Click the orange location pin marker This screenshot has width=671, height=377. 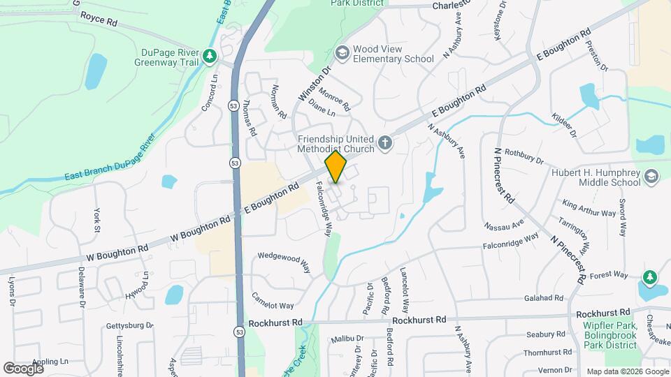coord(335,167)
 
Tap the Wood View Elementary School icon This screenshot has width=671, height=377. coord(342,53)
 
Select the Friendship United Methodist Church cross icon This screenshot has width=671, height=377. coord(384,143)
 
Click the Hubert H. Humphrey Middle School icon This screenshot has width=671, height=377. coord(651,175)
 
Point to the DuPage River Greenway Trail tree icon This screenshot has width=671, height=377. coord(208,55)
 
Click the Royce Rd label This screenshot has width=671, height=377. coord(98,18)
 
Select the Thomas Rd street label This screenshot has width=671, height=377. coord(248,117)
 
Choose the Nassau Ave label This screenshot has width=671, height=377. coord(503,225)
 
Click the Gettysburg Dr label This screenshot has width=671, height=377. coord(129,325)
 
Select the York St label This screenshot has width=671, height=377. coord(96,219)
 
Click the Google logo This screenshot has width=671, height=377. coord(23,368)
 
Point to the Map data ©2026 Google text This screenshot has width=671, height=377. coord(626,371)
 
